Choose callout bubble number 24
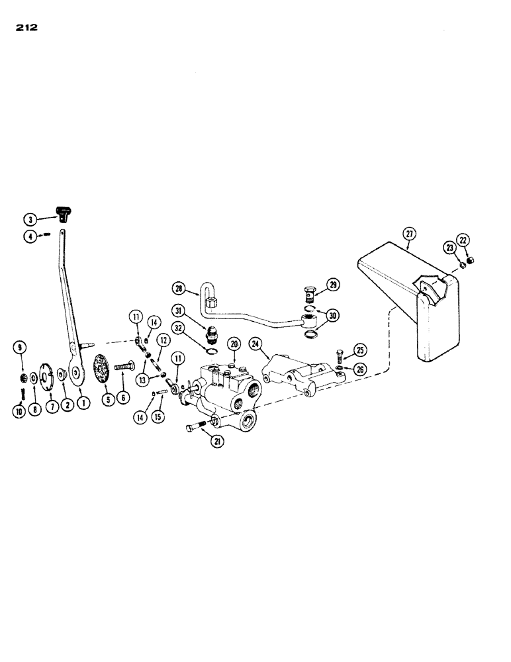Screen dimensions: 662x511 coord(256,344)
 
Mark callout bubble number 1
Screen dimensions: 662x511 coord(84,400)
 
